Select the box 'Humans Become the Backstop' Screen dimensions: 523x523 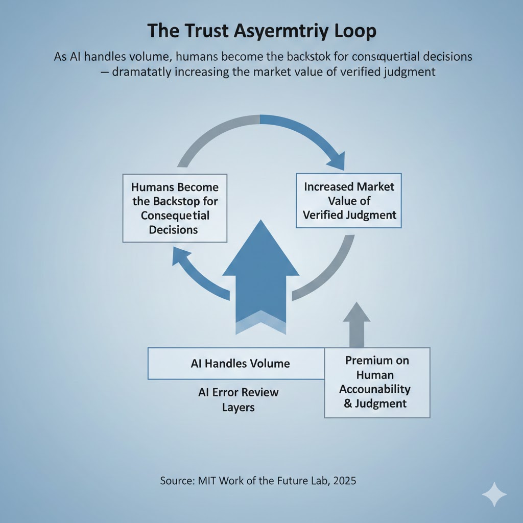[175, 208]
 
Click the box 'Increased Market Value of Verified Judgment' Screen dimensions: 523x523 [349, 201]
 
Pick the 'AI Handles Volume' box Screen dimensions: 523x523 [236, 364]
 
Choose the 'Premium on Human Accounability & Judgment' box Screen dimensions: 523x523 [377, 382]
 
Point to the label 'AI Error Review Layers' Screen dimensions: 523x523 [238, 400]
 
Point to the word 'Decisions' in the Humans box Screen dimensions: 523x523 [173, 230]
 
